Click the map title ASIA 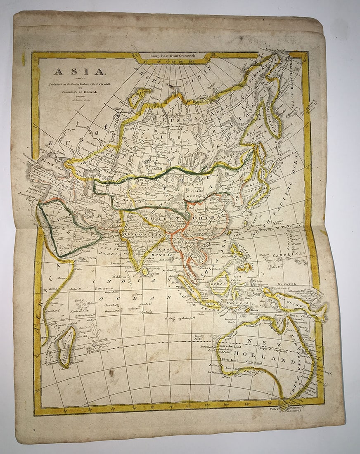80,71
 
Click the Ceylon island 145,272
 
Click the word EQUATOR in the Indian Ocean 104,289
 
